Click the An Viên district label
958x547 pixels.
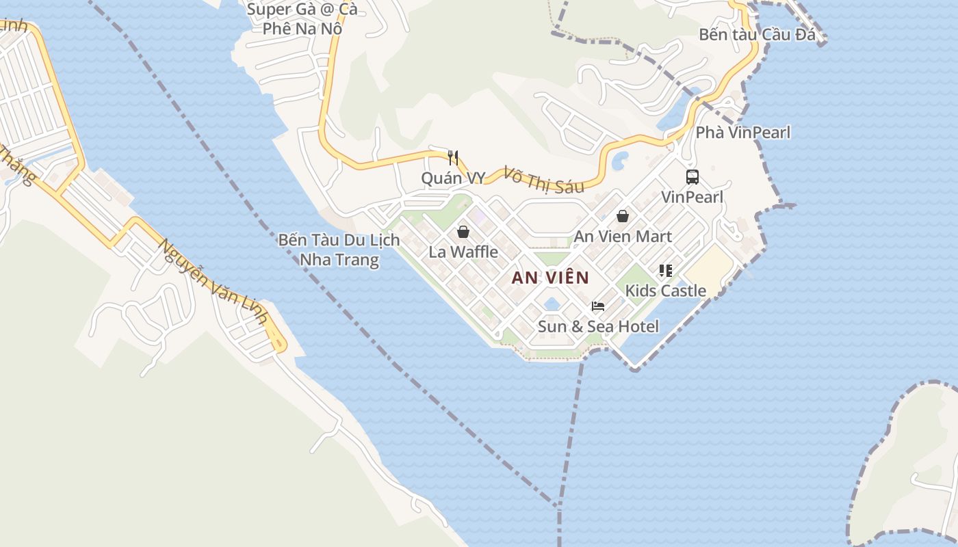[550, 278]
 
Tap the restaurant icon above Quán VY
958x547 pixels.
[452, 158]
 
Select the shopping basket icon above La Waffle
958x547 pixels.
[463, 231]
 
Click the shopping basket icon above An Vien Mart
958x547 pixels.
[623, 216]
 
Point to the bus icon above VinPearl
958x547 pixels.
[692, 177]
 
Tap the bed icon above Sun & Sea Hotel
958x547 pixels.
[598, 306]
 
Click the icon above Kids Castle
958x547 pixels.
[665, 271]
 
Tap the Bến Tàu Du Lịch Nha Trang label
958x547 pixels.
[339, 250]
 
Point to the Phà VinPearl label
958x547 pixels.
[742, 133]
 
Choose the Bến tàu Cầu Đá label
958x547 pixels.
[758, 34]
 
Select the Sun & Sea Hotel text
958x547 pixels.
[598, 326]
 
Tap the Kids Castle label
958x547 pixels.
[665, 291]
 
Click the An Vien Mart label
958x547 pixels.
[623, 236]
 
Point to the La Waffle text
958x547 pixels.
[463, 252]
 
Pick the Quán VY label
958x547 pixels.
[452, 178]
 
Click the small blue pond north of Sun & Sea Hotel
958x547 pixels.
[552, 303]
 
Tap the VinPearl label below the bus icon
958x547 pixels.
[692, 197]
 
